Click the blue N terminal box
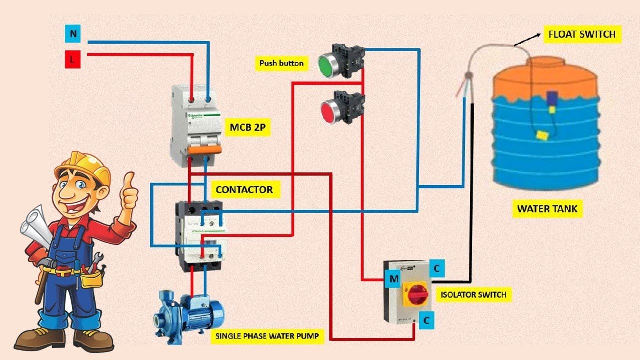coord(73,34)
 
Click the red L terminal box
coord(73,60)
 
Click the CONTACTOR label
coord(244,190)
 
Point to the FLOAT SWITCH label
coord(582,34)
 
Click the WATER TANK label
coord(547,209)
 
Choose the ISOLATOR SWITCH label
coord(473,295)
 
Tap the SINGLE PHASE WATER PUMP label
coord(266,336)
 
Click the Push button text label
coord(281,63)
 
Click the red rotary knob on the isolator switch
coord(416,294)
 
